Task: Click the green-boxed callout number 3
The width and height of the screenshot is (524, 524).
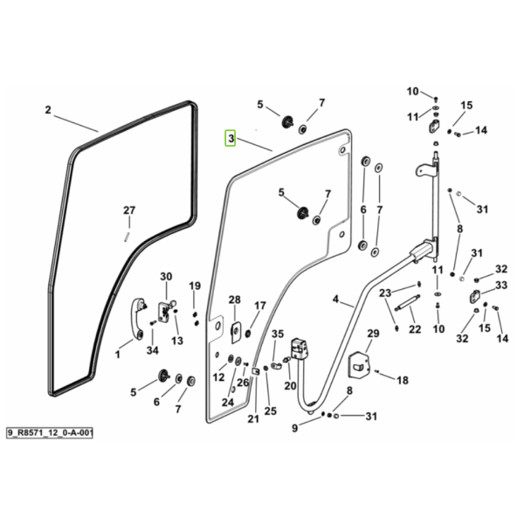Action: click(x=231, y=138)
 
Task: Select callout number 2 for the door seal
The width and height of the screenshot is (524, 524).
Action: click(x=48, y=110)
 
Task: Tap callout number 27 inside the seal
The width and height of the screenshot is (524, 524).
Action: click(x=129, y=210)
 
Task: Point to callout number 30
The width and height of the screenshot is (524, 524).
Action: click(x=166, y=276)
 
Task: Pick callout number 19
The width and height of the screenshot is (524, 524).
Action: click(x=195, y=286)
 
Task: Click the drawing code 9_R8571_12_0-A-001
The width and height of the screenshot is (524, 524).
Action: click(x=50, y=433)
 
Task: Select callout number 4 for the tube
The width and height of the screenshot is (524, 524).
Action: click(x=336, y=299)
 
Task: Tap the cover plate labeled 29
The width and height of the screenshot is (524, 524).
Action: click(x=359, y=365)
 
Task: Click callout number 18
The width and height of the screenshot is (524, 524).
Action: click(x=403, y=380)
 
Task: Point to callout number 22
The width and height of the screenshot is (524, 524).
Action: click(x=415, y=329)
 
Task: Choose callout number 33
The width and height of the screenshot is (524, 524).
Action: click(x=501, y=285)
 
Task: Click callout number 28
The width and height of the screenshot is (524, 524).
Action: click(x=235, y=300)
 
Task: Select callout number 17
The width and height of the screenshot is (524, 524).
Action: click(x=260, y=306)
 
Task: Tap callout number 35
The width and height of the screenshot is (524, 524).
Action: click(x=278, y=334)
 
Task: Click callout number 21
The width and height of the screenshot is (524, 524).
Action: click(x=253, y=418)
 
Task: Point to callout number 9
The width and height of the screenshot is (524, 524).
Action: click(x=294, y=428)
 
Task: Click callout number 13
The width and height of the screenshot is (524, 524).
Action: click(x=177, y=341)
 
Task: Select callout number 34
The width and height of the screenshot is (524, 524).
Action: click(x=152, y=350)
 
